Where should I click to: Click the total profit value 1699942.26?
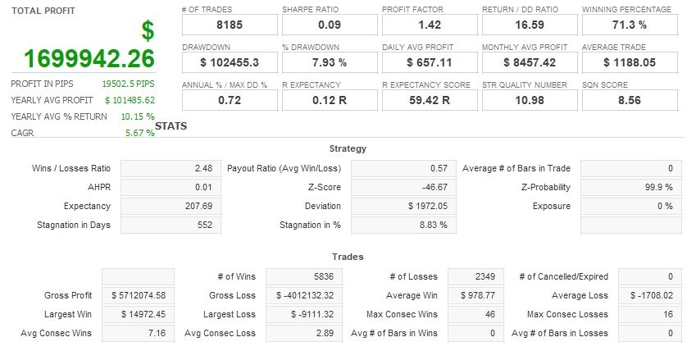[89, 59]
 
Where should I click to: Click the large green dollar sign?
[148, 31]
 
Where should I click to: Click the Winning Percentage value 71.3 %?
[629, 25]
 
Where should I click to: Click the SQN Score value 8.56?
[629, 100]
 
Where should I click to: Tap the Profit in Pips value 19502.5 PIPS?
[128, 84]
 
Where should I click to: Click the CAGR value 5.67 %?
[139, 133]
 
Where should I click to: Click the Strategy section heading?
[348, 148]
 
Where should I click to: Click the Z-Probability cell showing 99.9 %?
[631, 187]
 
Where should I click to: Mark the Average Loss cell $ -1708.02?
[650, 295]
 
